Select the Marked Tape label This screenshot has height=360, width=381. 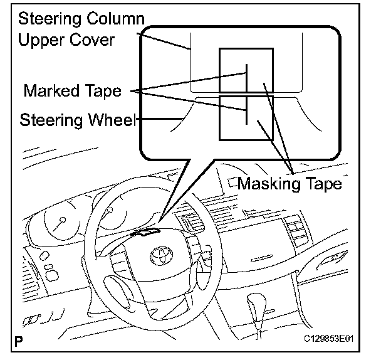72,91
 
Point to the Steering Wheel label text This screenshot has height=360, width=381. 78,119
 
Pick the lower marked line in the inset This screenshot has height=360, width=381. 247,111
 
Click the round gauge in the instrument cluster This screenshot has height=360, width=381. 61,223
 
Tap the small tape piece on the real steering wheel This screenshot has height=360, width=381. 145,234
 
